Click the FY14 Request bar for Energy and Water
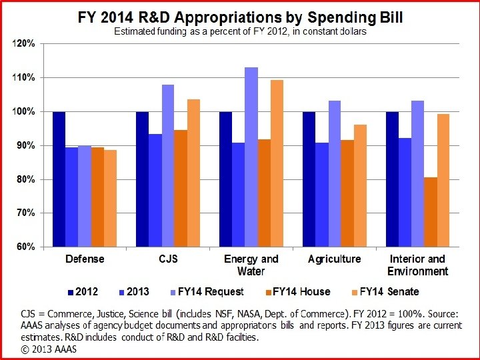coord(251,157)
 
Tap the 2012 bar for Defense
coord(59,179)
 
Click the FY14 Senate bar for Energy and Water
coord(277,163)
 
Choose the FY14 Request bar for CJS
coord(168,166)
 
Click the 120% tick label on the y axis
coord(25,44)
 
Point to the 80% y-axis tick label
coord(27,179)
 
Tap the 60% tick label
coord(27,247)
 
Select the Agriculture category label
coord(334,259)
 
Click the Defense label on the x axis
coord(85,259)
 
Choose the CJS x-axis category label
coord(168,259)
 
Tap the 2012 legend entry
coord(83,291)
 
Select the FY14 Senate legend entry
coord(385,291)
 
